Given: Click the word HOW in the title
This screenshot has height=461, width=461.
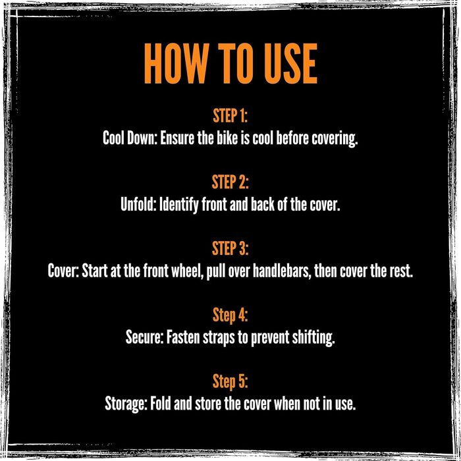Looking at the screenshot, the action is tap(176, 63).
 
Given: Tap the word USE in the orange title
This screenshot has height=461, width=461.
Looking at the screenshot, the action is tap(291, 63).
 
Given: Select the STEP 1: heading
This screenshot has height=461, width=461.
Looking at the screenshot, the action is tap(230, 115).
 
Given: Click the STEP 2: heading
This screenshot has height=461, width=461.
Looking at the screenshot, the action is tap(230, 182).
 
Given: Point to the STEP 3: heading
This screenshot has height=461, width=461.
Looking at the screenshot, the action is tap(230, 248).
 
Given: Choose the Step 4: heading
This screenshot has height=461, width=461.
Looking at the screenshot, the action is tap(230, 315).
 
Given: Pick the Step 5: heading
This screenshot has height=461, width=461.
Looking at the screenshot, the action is tap(230, 381).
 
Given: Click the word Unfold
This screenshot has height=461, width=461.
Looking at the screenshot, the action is tap(138, 204).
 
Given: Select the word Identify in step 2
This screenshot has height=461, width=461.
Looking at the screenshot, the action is tap(178, 205).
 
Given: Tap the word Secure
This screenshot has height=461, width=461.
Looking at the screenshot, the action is tap(144, 337).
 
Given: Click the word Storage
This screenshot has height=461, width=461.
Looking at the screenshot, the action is tap(126, 404).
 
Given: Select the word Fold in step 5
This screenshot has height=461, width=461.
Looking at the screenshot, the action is tap(161, 403).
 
